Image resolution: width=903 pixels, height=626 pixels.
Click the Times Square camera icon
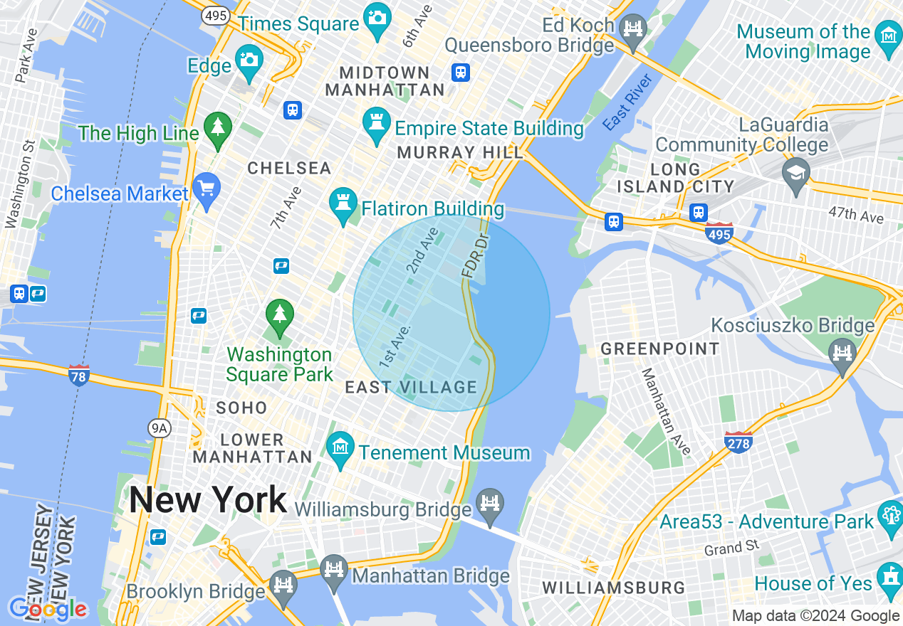[x=375, y=14]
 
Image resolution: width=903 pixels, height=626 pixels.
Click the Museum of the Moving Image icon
[x=889, y=36]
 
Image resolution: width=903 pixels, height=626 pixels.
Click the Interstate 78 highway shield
[x=79, y=375]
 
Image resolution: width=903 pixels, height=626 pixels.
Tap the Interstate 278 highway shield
[x=738, y=442]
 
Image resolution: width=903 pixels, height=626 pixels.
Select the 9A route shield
[x=160, y=428]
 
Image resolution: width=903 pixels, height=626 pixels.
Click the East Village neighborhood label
[x=411, y=388]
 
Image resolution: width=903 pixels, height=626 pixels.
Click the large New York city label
[x=208, y=500]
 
